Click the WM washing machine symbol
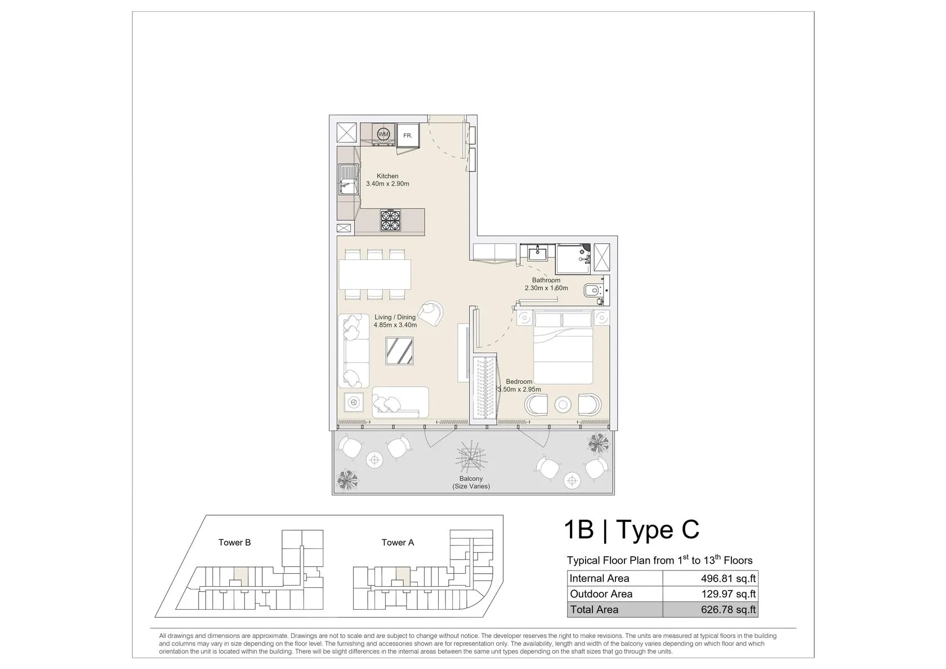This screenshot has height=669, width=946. point(383,134)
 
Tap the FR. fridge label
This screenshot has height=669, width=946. point(408,136)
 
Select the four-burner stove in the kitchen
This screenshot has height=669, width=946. point(390,220)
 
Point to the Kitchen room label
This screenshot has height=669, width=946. point(387,176)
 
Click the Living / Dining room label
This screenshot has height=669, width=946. point(395,317)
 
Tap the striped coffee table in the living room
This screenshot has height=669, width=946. point(399,351)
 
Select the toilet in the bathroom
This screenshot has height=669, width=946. point(592,290)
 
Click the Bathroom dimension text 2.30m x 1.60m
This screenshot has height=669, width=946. point(546,288)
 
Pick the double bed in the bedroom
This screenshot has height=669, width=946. point(563,347)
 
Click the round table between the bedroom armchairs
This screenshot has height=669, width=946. point(563,405)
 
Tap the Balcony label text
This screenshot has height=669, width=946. point(471,479)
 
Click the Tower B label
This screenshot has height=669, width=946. point(234,542)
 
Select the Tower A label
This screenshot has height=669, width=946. point(398,542)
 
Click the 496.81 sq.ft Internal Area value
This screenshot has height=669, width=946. point(728,578)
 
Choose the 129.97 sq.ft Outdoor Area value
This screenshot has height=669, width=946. point(728,594)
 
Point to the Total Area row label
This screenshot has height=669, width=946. point(594,609)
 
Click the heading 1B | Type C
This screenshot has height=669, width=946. point(631,529)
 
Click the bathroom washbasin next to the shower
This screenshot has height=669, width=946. point(537,254)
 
